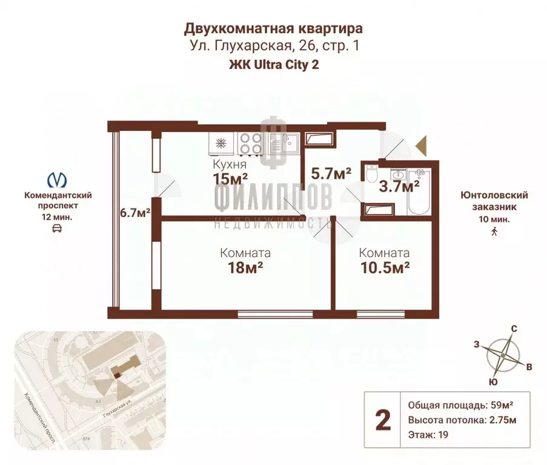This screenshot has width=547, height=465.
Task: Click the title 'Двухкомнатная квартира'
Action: pos(273,28)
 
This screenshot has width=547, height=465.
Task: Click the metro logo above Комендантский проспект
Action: pos(57,179)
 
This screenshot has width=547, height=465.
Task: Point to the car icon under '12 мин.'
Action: pos(57,228)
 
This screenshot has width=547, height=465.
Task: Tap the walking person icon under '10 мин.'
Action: pos(494,230)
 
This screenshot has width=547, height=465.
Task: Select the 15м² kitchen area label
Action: pos(230,178)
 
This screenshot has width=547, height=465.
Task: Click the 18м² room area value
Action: pos(245,267)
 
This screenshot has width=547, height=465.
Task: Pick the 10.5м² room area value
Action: pos(383,267)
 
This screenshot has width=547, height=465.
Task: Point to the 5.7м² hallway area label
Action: pos(331,174)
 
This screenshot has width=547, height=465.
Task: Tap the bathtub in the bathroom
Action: pos(419,191)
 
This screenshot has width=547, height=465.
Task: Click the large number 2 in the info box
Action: pos(382,420)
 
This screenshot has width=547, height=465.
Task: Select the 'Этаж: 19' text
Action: pos(428,435)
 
